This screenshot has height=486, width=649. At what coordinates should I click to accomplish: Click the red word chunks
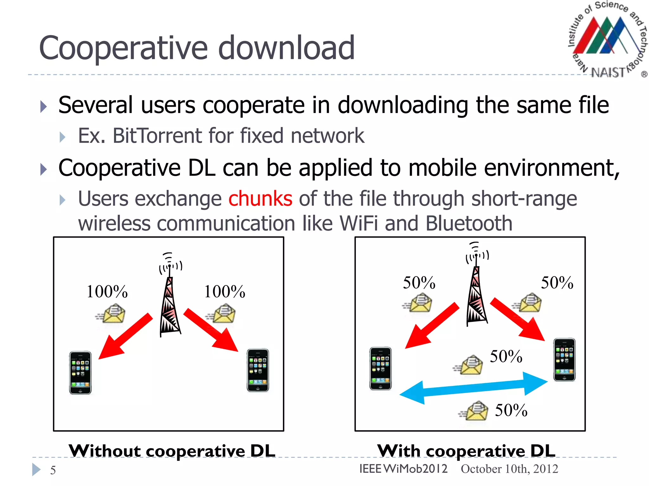(x=260, y=199)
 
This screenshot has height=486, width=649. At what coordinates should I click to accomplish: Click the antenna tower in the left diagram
(x=170, y=304)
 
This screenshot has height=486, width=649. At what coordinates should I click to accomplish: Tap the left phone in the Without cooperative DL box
(x=80, y=372)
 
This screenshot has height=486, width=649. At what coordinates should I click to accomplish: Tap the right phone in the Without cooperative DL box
(x=258, y=370)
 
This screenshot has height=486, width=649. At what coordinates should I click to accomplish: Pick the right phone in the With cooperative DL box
(x=564, y=360)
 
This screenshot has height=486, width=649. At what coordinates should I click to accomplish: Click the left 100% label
(x=107, y=291)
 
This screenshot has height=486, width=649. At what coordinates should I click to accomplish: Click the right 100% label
(x=224, y=291)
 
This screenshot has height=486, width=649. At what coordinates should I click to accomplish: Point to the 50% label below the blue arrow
(x=511, y=410)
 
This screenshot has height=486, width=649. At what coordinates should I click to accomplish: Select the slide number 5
(x=53, y=470)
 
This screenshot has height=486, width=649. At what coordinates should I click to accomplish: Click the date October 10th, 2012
(x=509, y=469)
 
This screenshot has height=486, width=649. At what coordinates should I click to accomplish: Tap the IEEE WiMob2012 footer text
(x=403, y=469)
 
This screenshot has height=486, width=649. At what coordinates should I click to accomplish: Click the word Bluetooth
(x=469, y=223)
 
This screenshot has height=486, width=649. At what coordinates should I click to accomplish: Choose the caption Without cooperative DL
(x=172, y=451)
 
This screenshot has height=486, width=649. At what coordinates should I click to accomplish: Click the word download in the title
(x=286, y=48)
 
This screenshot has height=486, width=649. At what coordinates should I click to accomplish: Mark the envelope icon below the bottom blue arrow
(x=475, y=411)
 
